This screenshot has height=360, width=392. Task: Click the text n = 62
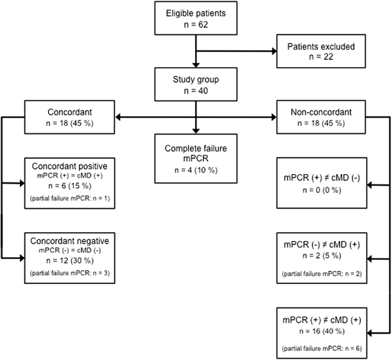point(197,25)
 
